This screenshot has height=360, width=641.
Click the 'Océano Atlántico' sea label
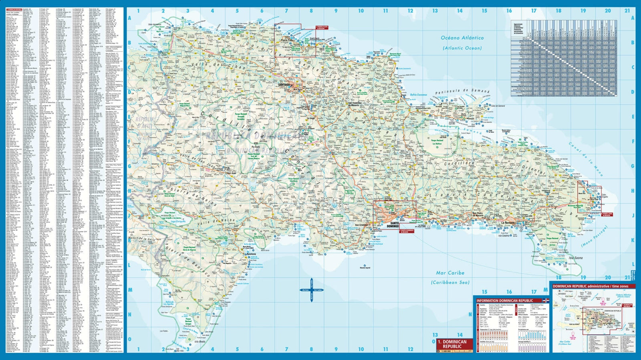tap(462, 38)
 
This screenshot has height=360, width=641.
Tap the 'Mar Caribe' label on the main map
tap(450, 273)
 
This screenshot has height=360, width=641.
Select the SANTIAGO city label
tap(284, 85)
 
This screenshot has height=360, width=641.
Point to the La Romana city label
tap(508, 223)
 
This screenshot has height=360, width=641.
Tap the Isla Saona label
tap(575, 258)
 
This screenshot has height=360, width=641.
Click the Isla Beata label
tap(200, 342)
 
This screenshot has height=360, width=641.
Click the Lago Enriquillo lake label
tap(179, 221)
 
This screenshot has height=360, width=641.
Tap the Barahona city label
tap(251, 254)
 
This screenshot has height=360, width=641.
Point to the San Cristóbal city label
tap(361, 225)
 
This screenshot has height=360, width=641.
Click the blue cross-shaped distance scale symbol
tap(312, 290)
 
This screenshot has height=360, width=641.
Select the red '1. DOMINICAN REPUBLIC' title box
tap(454, 344)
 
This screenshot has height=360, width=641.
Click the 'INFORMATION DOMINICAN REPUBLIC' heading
tap(504, 300)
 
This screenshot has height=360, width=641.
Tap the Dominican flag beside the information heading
tap(545, 300)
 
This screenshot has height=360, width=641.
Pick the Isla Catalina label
tap(503, 236)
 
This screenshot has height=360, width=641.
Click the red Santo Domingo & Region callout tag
tap(406, 231)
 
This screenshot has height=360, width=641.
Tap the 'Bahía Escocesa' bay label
tap(419, 95)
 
